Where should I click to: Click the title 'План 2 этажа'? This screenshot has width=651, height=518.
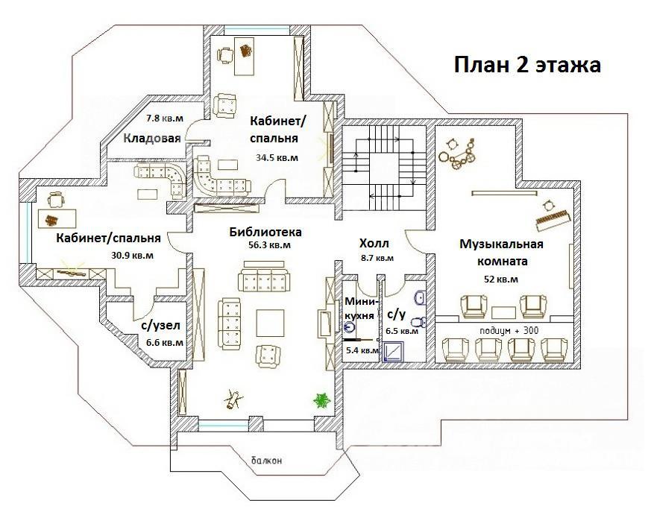[527, 65]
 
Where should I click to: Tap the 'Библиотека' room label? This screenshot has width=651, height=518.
[265, 232]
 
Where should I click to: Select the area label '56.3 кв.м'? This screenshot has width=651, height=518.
[269, 245]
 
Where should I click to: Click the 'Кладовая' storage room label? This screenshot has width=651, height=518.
[152, 138]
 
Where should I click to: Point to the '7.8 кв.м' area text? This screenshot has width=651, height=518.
[164, 119]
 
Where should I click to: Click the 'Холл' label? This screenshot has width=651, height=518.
[374, 242]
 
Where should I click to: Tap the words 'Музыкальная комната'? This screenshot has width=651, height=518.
[502, 253]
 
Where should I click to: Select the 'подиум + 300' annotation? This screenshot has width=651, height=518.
[509, 330]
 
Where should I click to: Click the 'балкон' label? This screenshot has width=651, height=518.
[266, 461]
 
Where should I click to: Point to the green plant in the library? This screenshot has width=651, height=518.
[321, 400]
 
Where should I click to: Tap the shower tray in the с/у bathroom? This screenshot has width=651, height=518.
[393, 352]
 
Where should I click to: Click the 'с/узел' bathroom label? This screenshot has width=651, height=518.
[160, 326]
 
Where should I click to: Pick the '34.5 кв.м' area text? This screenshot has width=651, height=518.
[277, 158]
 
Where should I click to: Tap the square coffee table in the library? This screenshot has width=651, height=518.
[270, 323]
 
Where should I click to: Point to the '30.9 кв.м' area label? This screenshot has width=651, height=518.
[132, 256]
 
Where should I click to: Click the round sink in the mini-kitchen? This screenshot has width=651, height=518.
[350, 328]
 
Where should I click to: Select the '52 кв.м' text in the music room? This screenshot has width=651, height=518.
[501, 279]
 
